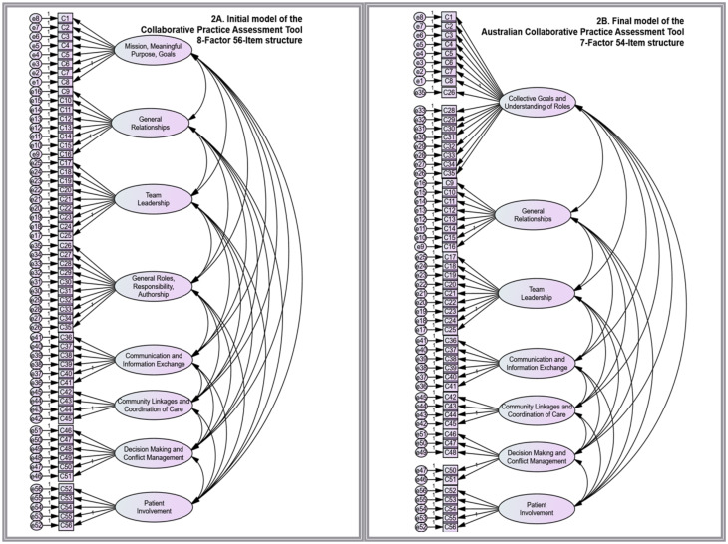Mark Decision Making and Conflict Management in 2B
coord(539,456)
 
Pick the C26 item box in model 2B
coord(450,92)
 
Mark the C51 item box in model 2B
coord(450,479)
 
